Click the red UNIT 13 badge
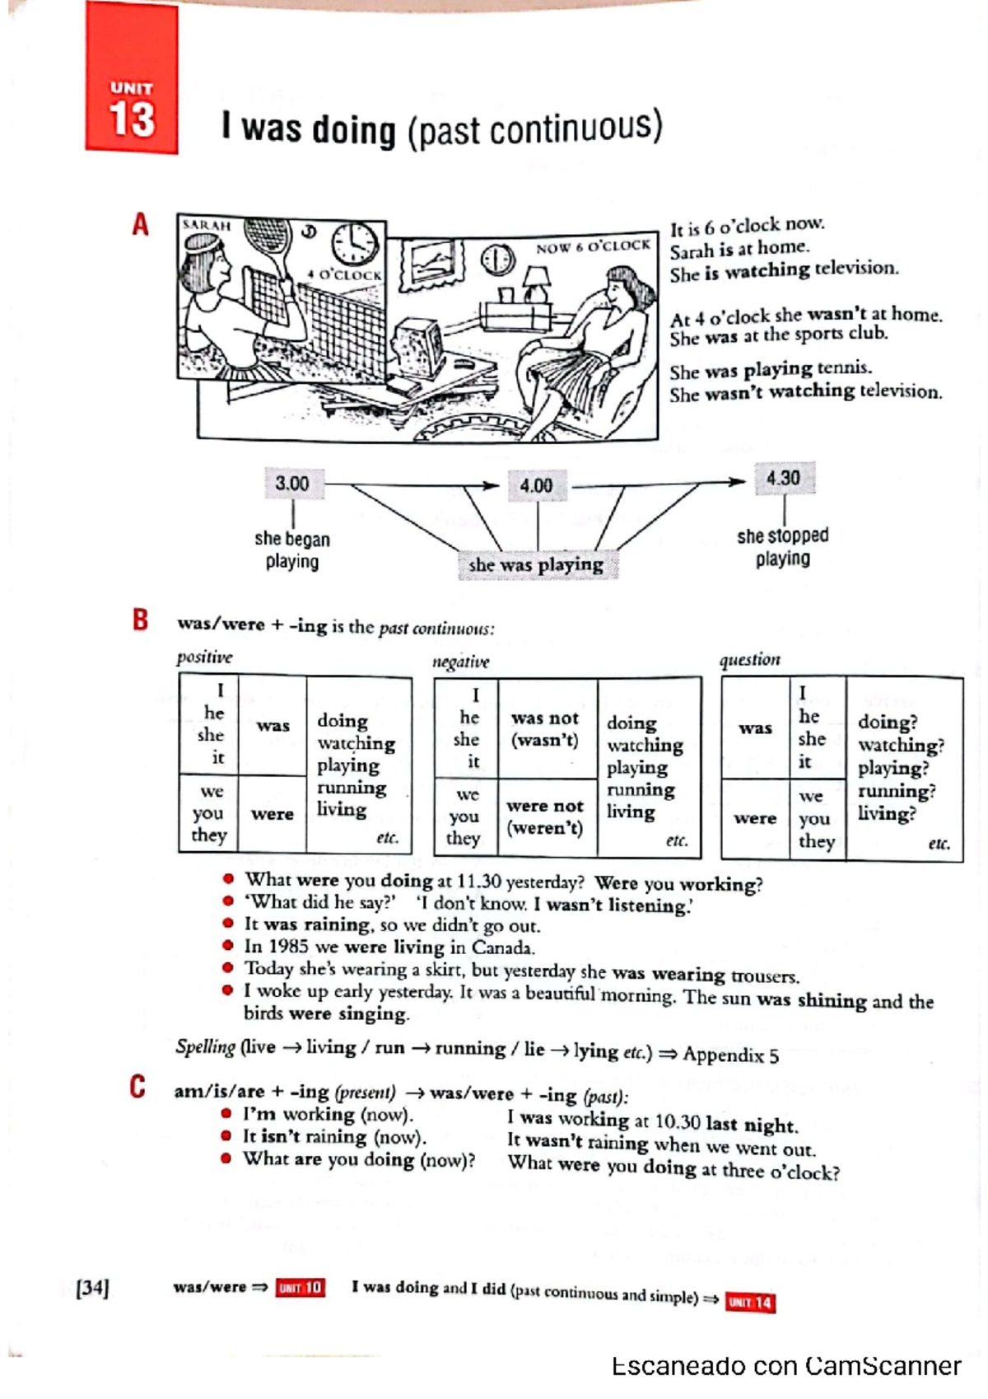(x=131, y=79)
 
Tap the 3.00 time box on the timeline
(x=293, y=484)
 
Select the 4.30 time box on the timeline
(x=783, y=479)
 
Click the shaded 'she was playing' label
(x=536, y=565)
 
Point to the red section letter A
(x=141, y=224)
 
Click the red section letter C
(x=137, y=1088)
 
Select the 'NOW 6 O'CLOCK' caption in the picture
(x=593, y=246)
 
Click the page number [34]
(x=92, y=1288)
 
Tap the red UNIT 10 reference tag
(x=301, y=1288)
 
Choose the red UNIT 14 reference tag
(x=750, y=1303)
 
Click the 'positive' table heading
(x=204, y=657)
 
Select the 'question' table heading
(x=749, y=660)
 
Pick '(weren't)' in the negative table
(x=544, y=828)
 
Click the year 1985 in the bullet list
(x=288, y=947)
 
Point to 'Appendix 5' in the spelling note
(x=730, y=1055)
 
